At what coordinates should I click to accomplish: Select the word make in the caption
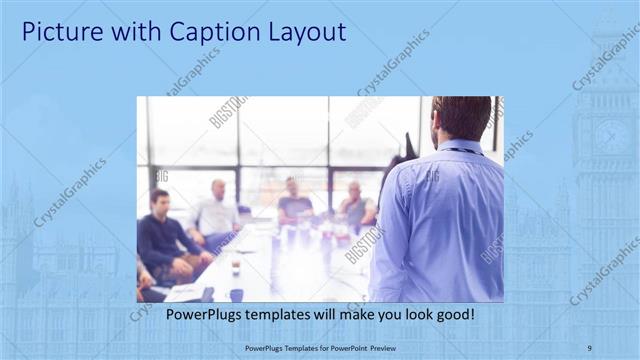pyautogui.click(x=339, y=315)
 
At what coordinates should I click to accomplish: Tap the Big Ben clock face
pyautogui.click(x=611, y=136)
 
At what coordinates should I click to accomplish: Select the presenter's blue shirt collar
pyautogui.click(x=460, y=148)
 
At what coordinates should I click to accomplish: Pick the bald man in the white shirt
pyautogui.click(x=217, y=209)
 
